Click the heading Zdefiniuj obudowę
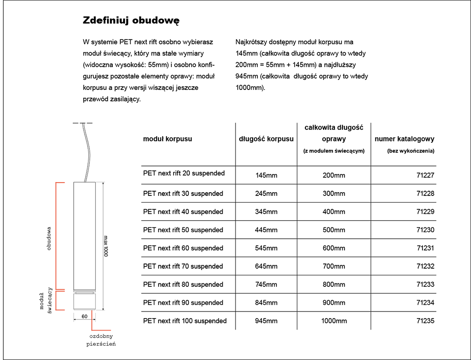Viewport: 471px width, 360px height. [131, 21]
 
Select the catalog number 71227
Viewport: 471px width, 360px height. [425, 175]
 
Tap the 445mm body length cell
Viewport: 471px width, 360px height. [266, 230]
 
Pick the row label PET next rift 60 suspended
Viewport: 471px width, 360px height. [183, 248]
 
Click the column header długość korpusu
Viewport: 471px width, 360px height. [266, 139]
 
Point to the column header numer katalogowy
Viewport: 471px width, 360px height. [404, 139]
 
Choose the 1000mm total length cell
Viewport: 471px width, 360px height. [334, 321]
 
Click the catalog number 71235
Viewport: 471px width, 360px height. [425, 321]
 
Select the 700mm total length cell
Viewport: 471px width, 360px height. [334, 266]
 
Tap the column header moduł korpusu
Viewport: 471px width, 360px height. [167, 139]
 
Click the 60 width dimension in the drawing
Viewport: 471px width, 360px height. [84, 316]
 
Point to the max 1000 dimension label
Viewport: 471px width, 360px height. [106, 246]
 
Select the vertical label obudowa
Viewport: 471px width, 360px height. [49, 238]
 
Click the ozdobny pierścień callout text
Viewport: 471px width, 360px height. [101, 340]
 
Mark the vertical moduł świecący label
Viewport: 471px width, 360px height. [46, 301]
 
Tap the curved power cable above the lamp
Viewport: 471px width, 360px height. [87, 153]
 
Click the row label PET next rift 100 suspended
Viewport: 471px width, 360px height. [185, 321]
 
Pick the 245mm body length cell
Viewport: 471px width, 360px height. [266, 194]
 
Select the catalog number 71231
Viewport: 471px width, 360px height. [425, 248]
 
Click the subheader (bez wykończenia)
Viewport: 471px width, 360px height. [411, 151]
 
